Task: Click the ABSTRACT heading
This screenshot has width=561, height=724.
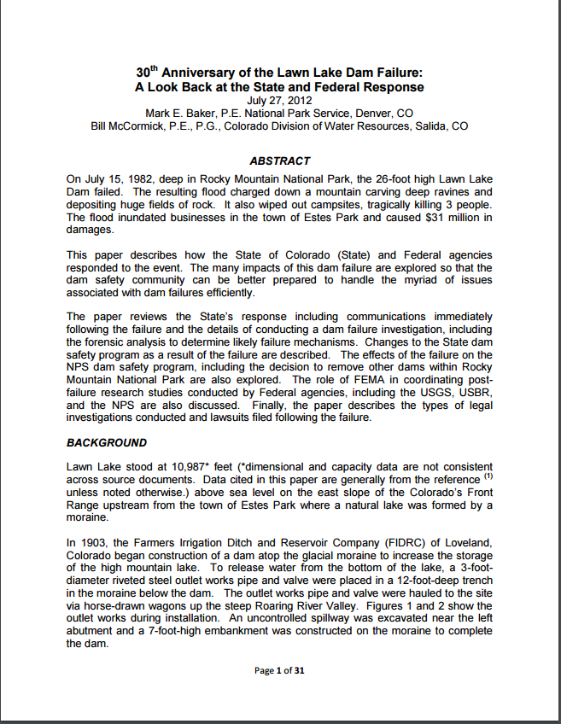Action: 279,161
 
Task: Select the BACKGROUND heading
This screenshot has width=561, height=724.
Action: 107,443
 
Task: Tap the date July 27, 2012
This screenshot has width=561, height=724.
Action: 279,100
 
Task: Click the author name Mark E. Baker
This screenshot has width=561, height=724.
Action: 184,113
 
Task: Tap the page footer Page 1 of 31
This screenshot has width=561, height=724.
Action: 279,670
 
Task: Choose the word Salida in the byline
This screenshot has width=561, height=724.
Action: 425,126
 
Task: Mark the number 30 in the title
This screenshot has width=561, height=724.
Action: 144,73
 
